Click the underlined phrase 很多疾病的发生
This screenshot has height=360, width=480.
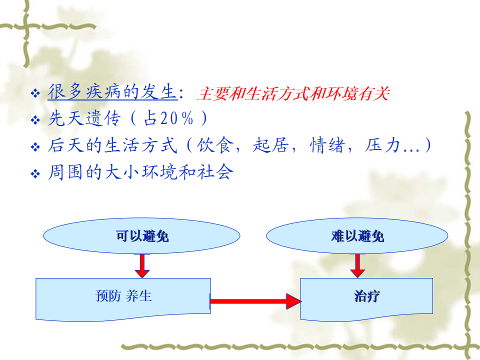(112, 92)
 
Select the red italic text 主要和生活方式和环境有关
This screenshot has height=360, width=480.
(293, 93)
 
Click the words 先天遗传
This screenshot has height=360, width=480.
(84, 118)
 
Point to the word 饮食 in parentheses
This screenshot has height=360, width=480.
(215, 145)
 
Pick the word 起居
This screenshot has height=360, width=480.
(270, 145)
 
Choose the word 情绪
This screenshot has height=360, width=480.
(327, 145)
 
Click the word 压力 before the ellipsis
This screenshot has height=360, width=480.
(382, 145)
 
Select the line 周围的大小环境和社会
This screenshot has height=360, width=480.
(140, 171)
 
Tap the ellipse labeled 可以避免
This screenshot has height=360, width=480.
(141, 235)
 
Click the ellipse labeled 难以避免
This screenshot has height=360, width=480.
(357, 235)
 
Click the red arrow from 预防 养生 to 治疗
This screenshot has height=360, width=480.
(256, 301)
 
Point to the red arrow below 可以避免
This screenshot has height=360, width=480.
(142, 265)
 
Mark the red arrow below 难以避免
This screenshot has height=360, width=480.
(357, 265)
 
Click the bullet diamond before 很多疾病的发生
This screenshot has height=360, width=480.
(35, 93)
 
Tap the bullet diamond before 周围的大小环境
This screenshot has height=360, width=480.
(35, 173)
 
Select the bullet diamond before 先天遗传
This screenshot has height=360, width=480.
(35, 119)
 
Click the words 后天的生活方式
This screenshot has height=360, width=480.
(112, 145)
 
